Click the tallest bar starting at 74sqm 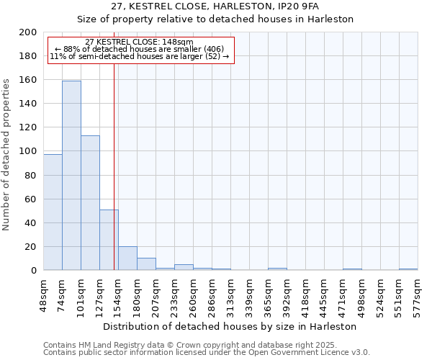pos(71,176)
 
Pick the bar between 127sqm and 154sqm pos(109,240)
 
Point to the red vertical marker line pos(114,166)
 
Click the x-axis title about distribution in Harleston pos(230,326)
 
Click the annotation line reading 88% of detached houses pos(140,49)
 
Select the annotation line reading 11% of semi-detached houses pos(140,56)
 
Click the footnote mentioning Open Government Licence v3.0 pos(206,352)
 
